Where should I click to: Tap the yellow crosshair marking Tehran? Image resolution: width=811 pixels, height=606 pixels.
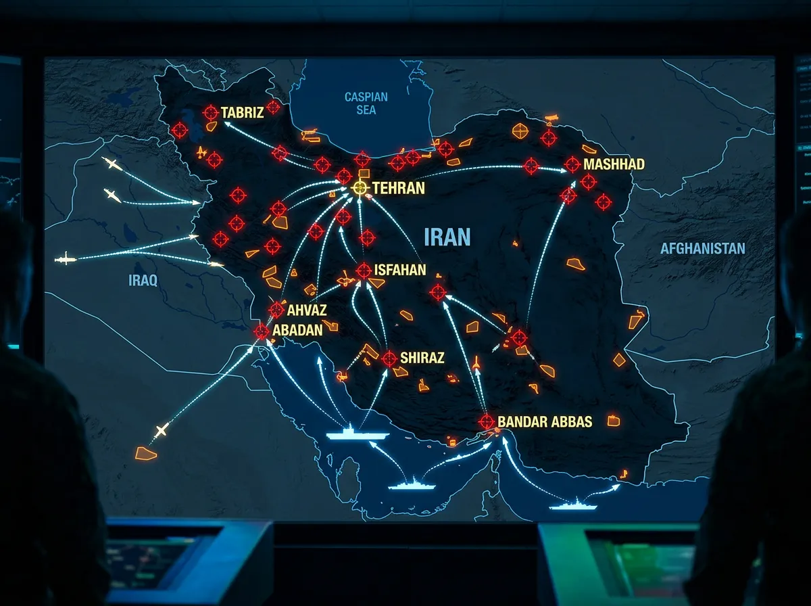360,188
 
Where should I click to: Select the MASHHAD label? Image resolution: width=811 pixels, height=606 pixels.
614,164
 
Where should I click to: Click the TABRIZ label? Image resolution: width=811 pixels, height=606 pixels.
242,113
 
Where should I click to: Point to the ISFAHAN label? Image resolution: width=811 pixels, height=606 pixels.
400,271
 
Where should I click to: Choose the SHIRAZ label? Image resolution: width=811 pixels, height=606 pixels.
422,358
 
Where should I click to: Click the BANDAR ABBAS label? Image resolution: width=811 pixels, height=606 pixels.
545,422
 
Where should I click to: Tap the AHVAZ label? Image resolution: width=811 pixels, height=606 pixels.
307,310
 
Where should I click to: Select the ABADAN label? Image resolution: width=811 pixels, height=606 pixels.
297,331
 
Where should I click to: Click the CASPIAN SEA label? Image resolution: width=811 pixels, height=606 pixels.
366,103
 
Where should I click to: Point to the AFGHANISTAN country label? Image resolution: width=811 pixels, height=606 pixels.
702,249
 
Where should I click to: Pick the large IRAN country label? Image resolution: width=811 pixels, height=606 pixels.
447,237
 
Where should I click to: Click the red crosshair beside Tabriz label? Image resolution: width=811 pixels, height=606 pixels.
211,113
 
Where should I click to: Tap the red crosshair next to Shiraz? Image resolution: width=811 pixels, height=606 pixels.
389,358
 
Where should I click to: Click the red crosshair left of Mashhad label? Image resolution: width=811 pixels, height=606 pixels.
572,164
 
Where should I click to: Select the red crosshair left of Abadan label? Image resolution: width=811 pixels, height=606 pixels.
262,331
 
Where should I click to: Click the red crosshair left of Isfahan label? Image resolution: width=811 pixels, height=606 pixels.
364,271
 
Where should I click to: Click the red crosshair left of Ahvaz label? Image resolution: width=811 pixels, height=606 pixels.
276,310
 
